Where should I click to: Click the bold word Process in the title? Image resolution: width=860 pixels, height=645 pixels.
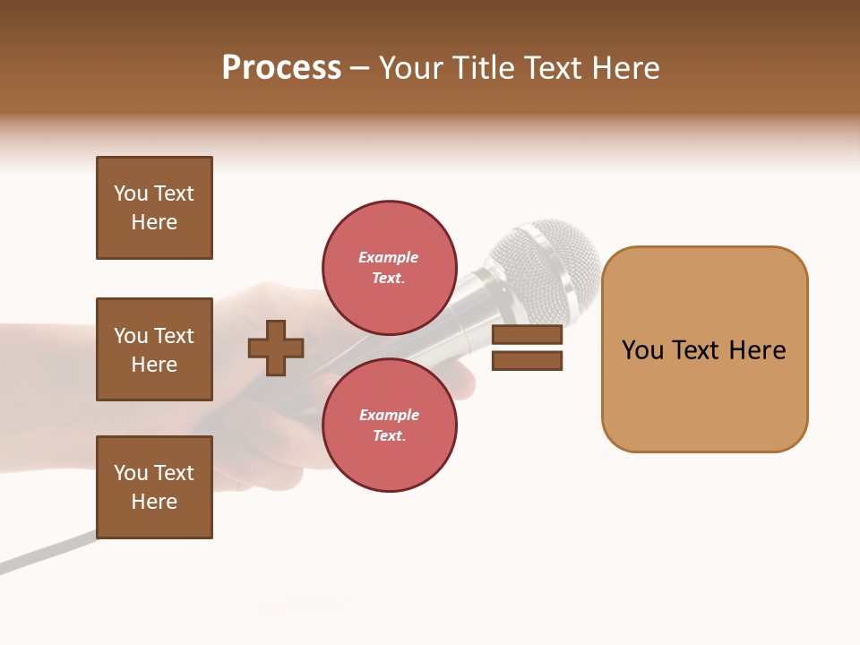pos(281,68)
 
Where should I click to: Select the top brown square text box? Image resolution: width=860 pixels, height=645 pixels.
pos(154,208)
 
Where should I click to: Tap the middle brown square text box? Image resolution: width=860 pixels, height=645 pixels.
pos(154,349)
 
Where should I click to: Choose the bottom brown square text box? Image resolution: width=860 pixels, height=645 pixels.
pos(154,487)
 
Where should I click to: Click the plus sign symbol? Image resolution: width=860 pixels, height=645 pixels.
pos(276,348)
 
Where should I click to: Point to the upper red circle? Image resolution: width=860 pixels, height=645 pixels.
pos(390,267)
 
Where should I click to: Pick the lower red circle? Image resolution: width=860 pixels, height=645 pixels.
pos(390,425)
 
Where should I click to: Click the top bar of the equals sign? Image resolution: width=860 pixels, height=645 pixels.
pos(527,335)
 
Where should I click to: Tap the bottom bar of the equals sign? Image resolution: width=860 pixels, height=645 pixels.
pos(527,361)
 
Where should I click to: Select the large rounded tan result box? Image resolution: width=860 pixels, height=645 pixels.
pos(704,349)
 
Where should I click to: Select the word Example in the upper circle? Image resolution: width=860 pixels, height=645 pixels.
pos(388,257)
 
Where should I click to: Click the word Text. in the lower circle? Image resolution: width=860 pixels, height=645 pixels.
pos(389,435)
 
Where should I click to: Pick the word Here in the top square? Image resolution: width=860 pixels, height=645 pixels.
pos(154,222)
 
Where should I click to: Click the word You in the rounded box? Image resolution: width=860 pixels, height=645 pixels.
pos(643,350)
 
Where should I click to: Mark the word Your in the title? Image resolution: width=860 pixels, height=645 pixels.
pos(413,68)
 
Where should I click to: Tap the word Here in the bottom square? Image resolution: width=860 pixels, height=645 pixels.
pos(154,502)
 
